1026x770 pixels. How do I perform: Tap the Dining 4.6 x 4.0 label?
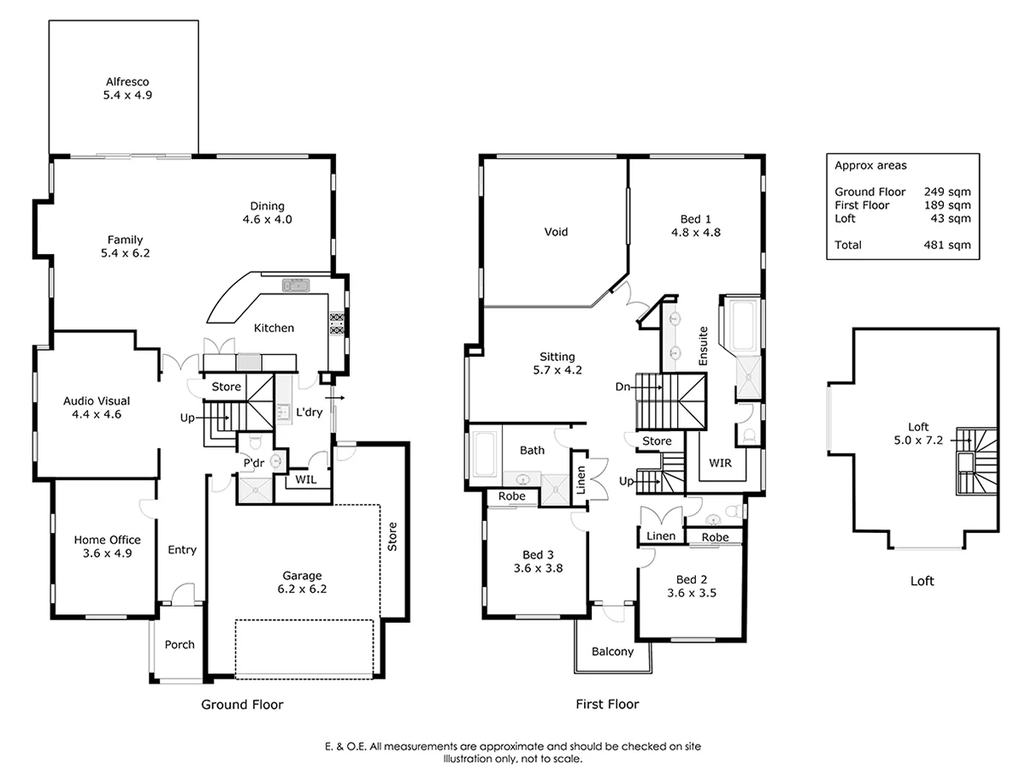pos(267,212)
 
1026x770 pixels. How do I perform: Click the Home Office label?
pos(107,546)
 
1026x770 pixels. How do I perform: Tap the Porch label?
pos(180,645)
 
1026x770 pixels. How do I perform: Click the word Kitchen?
pos(274,328)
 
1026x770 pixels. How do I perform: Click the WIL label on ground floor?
pos(305,480)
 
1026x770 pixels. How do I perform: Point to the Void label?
pos(556,232)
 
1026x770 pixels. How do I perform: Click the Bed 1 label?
pos(694,224)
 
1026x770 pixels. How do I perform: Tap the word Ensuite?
pos(704,345)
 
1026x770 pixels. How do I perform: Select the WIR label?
pos(721,463)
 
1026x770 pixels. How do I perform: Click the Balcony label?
pos(613,652)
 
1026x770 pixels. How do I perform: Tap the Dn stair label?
pos(623,386)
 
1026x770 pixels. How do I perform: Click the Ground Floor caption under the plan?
pos(242,705)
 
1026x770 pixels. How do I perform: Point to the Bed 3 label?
pos(538,560)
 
